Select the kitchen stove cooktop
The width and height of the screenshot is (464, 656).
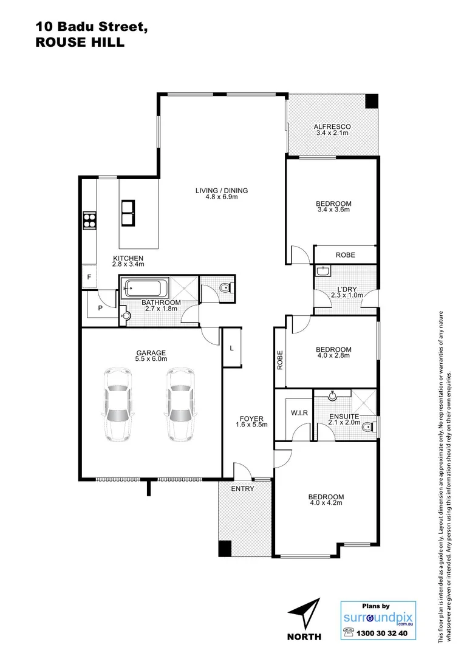89,219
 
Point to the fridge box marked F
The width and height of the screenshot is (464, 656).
89,277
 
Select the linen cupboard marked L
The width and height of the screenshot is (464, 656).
231,348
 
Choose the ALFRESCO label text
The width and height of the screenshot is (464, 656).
332,127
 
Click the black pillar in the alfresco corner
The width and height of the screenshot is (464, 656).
371,101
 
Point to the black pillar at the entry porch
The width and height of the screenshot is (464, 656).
225,548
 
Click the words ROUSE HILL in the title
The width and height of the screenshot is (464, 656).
80,43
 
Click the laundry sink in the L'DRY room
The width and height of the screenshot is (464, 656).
322,270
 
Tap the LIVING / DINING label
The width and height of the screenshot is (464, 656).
221,191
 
